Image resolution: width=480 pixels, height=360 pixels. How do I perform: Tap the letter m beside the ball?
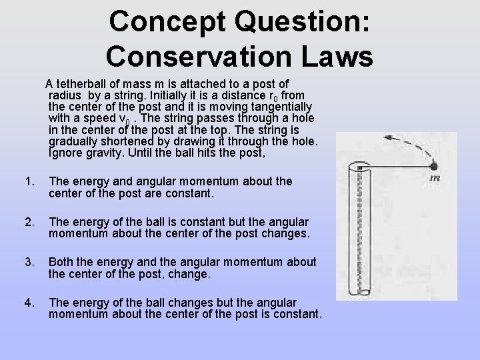point(435,178)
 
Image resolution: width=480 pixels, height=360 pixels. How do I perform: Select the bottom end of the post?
point(363,293)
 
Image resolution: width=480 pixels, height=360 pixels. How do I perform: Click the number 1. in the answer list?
point(29,181)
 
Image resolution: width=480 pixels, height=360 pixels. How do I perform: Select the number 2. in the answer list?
point(29,222)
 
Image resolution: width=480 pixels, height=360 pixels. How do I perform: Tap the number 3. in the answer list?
point(29,262)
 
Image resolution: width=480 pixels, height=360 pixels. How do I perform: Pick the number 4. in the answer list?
point(29,302)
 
